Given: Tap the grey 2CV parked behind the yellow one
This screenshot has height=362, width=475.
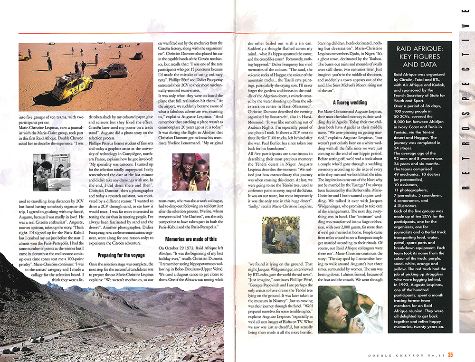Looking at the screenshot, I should (x=113, y=70).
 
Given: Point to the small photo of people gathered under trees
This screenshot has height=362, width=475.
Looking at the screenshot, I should (x=281, y=234).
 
